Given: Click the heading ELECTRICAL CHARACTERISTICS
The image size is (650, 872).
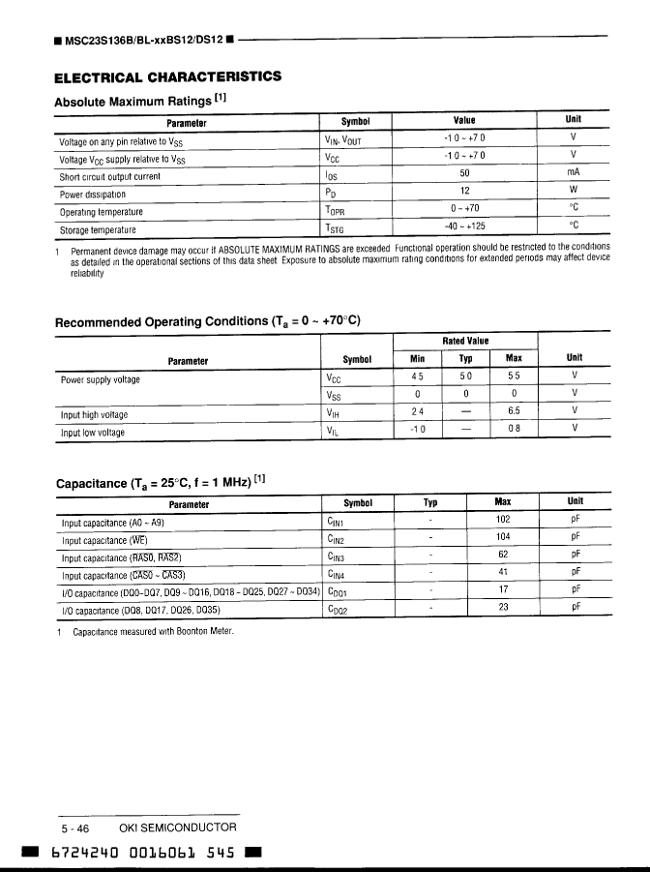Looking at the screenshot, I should (x=168, y=76).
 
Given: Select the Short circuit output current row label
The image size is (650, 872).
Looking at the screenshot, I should (x=110, y=177).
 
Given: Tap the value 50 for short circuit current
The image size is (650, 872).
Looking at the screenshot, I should (x=464, y=175).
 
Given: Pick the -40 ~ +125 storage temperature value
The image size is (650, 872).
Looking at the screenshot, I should (x=464, y=228).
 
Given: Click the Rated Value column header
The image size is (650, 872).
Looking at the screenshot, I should (x=465, y=341).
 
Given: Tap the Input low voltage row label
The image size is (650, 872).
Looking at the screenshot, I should (x=93, y=433).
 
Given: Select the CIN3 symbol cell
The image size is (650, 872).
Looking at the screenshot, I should (x=337, y=557).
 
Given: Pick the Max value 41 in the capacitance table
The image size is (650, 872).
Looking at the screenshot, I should (x=503, y=574).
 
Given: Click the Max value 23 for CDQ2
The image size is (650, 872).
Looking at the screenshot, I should (x=503, y=609).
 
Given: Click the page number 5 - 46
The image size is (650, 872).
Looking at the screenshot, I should (x=75, y=828).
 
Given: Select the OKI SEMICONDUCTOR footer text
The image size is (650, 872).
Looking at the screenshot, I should (x=177, y=828).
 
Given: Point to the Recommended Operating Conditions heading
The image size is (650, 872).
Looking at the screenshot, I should (x=208, y=321).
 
